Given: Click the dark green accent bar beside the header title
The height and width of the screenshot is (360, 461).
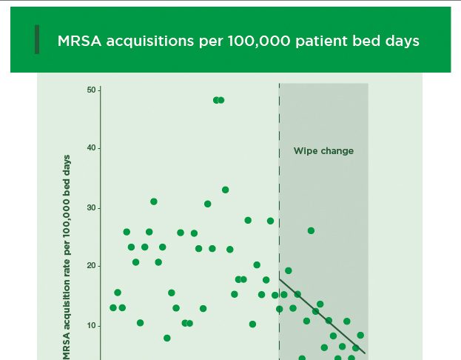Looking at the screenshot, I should click(x=37, y=39).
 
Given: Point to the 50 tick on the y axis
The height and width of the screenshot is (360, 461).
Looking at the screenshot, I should click(x=92, y=90).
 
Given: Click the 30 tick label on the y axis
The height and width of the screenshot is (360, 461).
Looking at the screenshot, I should click(x=92, y=207).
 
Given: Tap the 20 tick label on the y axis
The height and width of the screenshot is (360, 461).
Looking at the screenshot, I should click(x=92, y=266).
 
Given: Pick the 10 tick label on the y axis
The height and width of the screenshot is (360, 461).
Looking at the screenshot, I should click(x=92, y=325).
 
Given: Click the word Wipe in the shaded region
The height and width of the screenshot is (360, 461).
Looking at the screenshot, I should click(x=306, y=151).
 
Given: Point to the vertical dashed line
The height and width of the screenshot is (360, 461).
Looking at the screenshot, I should click(x=279, y=185).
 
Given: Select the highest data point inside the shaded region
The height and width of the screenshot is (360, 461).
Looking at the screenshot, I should click(x=311, y=230).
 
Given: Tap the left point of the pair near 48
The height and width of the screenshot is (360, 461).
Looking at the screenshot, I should click(x=216, y=100).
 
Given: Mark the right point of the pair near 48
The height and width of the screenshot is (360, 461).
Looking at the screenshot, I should click(x=221, y=100).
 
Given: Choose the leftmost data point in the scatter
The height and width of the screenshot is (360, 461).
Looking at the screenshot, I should click(x=113, y=307).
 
